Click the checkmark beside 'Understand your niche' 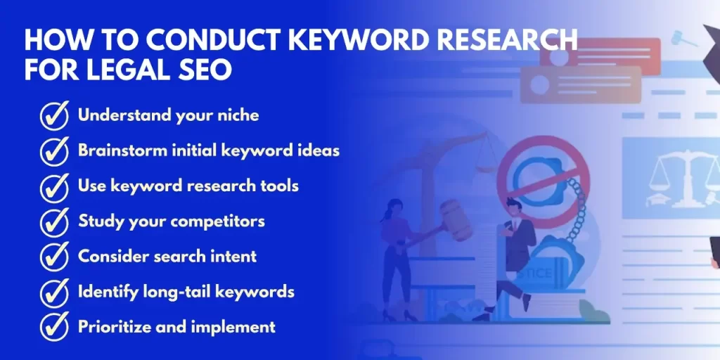(x=54, y=116)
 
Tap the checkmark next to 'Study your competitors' (x=54, y=222)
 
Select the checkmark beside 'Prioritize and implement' (x=54, y=328)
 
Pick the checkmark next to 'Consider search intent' (x=54, y=257)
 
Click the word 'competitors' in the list (x=217, y=221)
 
